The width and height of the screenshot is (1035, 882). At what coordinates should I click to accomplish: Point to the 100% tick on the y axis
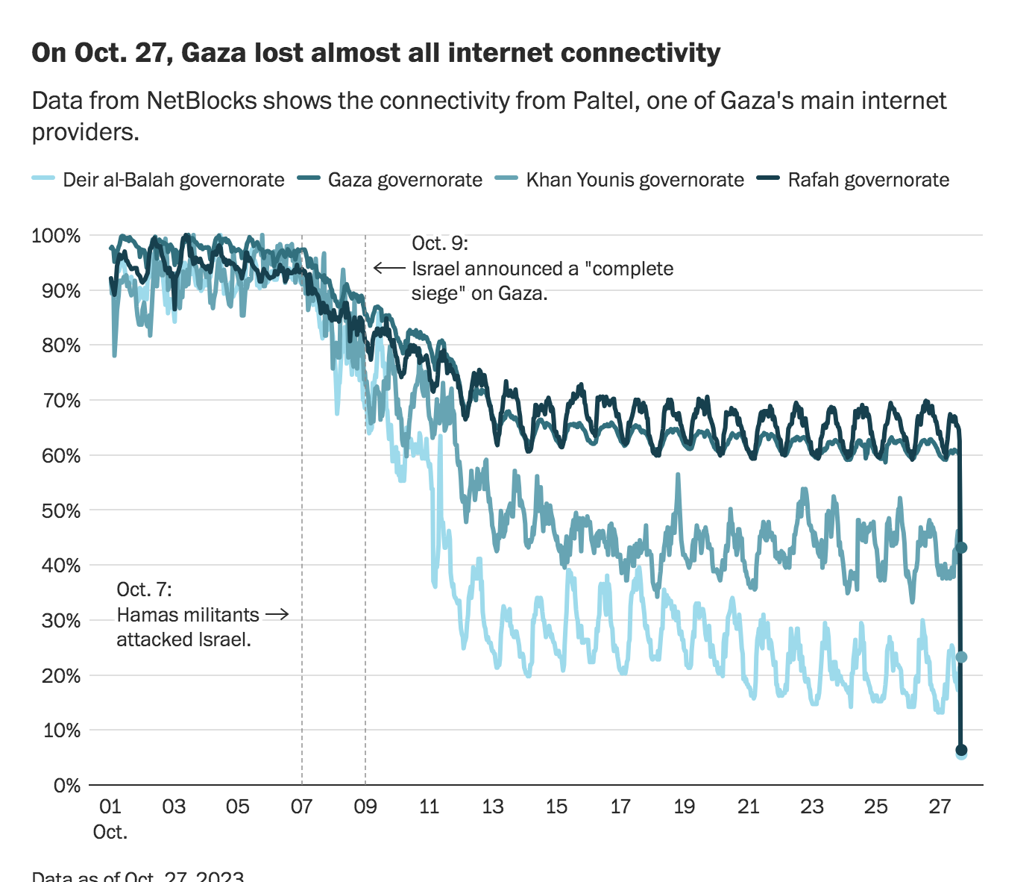56,236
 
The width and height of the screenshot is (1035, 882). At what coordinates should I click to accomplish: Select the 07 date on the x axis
301,807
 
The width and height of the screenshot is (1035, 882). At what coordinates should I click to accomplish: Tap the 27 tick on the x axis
940,807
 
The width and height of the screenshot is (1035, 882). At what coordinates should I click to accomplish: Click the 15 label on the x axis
556,807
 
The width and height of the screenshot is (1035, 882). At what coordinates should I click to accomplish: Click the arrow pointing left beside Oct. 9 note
388,268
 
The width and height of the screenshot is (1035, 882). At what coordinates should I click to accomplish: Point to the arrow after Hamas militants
277,615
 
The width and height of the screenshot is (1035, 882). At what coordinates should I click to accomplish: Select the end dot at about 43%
961,548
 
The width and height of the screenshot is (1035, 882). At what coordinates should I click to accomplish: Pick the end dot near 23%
961,657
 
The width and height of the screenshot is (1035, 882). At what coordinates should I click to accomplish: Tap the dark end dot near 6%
961,750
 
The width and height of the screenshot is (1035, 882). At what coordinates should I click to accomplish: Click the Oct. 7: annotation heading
144,589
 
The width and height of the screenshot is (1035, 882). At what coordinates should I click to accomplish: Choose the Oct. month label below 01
110,832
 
